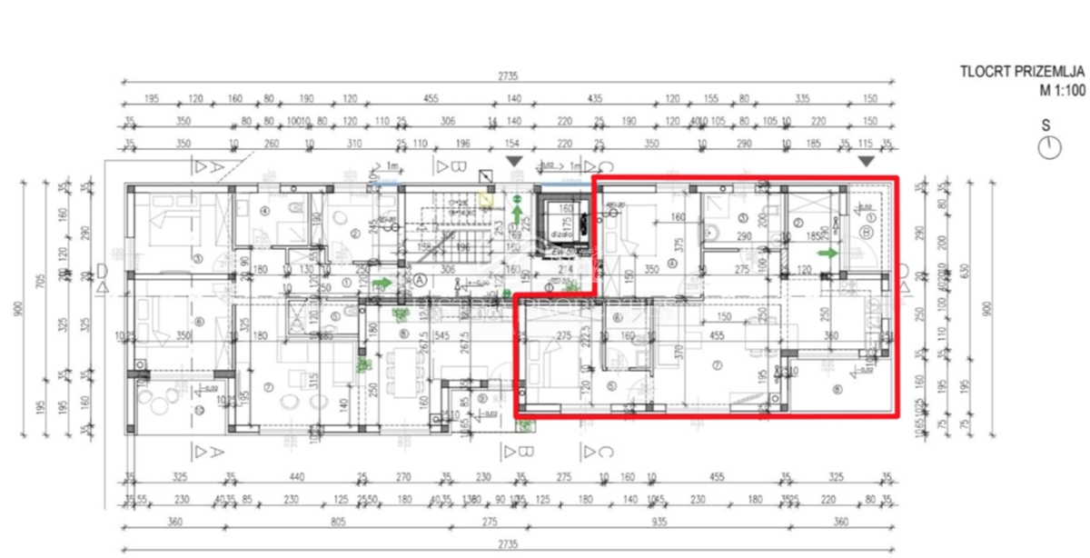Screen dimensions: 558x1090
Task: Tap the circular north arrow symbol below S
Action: point(1051,148)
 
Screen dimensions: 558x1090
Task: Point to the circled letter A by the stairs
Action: point(420,281)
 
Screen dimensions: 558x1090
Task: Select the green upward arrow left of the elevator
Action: point(516,214)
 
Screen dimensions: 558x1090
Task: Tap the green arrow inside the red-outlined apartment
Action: point(827,253)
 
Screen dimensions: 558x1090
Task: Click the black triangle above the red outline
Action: point(867,161)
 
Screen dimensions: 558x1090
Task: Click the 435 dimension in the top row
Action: point(595,100)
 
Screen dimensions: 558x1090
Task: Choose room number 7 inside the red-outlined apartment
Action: point(717,365)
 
